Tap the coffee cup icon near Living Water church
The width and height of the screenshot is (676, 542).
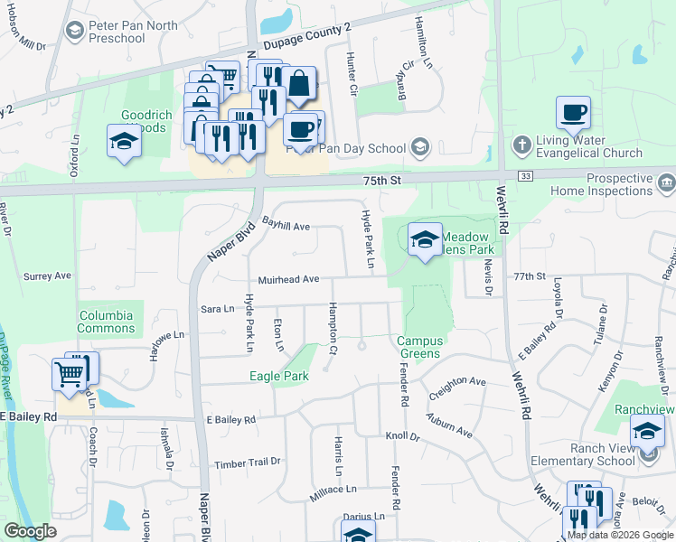tap(573, 114)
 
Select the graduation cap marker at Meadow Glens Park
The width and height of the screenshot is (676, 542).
tap(425, 240)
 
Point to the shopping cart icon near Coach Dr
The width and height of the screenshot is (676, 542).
tap(70, 373)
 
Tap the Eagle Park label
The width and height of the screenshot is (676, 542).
tap(279, 376)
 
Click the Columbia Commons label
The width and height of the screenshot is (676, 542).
tap(106, 322)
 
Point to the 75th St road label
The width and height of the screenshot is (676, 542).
tap(381, 181)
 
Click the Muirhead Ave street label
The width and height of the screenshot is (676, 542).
tap(288, 280)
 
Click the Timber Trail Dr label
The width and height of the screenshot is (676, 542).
tap(248, 463)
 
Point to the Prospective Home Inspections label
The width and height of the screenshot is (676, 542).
tap(607, 185)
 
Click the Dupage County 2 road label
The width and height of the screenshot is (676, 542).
tap(306, 38)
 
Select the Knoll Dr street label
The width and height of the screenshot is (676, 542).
tap(403, 436)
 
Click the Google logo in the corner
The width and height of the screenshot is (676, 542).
tap(31, 531)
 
